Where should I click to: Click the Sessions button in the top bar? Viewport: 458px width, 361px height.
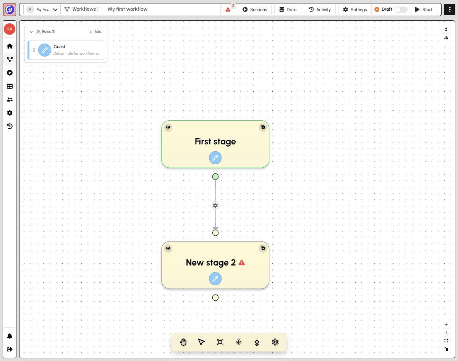click(255, 10)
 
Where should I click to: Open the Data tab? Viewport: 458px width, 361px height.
click(288, 10)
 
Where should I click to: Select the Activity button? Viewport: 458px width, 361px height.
click(320, 10)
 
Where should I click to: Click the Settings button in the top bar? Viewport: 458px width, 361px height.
click(355, 10)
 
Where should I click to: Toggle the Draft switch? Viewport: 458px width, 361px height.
click(401, 10)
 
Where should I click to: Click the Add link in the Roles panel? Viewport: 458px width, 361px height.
click(95, 32)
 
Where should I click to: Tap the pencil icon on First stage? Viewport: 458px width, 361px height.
click(215, 158)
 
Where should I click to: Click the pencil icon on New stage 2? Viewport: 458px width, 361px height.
click(215, 279)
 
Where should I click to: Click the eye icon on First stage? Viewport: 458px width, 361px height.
click(168, 127)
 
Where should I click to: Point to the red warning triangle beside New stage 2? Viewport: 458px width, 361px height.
click(242, 262)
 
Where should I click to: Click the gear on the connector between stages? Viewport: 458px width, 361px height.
click(215, 206)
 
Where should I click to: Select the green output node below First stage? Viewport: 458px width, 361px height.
click(215, 176)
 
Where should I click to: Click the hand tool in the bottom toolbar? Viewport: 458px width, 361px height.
click(183, 342)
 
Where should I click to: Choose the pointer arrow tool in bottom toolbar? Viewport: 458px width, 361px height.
click(201, 342)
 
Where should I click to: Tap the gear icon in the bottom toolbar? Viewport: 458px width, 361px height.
click(275, 342)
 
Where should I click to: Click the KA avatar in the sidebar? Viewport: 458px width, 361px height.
click(10, 29)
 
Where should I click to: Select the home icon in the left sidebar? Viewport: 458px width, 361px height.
click(10, 46)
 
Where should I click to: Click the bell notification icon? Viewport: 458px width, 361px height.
click(10, 336)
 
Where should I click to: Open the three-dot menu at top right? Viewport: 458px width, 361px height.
click(450, 10)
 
